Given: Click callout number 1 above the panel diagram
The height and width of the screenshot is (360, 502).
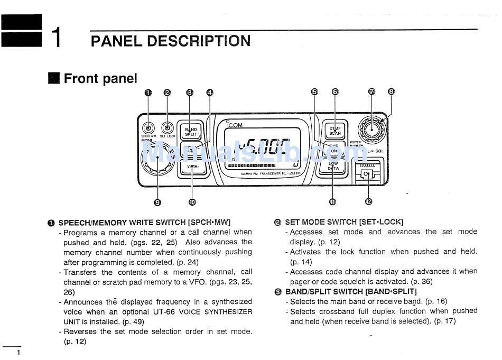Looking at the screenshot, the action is click(x=148, y=93).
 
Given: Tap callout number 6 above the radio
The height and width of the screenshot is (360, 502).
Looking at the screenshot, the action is click(x=335, y=92).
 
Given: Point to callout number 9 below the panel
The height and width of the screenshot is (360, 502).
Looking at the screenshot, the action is click(x=157, y=201).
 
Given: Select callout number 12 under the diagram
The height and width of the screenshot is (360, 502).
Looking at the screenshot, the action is click(x=368, y=201).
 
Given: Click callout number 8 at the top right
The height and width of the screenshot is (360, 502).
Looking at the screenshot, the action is click(x=391, y=91).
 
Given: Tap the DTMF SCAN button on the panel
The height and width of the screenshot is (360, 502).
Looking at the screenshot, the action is click(x=335, y=131).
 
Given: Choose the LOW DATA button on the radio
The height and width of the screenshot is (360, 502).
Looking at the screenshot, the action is click(x=333, y=166).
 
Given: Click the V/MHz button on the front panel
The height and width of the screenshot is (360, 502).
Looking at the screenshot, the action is click(x=191, y=167).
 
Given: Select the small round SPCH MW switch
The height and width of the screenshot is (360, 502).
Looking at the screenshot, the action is click(x=148, y=127).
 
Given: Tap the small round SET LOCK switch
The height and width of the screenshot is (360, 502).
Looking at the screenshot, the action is click(x=168, y=127).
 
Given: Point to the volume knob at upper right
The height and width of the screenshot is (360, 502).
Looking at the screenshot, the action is click(x=371, y=127).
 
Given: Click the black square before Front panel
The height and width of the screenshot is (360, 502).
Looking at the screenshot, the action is click(x=54, y=79).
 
